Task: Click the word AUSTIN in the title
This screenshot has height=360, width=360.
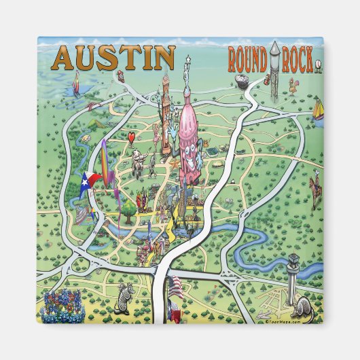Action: coord(113,58)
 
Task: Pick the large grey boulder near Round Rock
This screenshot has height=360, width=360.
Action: coord(242,81)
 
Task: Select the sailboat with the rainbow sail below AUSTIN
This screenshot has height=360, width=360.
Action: coord(76,84)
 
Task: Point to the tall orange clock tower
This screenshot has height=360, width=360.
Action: coord(164,102)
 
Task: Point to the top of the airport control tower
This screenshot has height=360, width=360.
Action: coord(293,260)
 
